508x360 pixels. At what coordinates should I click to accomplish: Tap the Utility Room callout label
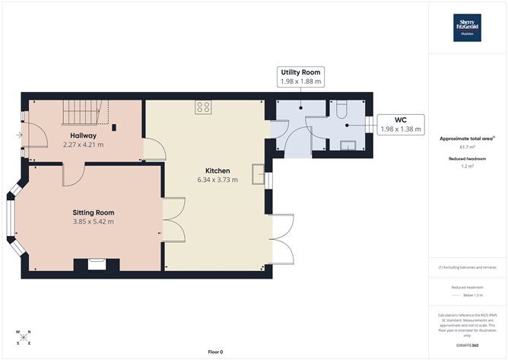coord(299,75)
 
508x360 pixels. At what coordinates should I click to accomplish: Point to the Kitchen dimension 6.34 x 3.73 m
coord(217,180)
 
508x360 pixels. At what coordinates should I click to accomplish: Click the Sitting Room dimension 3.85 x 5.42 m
coord(93,221)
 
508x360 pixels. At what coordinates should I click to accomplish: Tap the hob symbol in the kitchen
coord(203,107)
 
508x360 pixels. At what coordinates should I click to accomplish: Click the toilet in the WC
coord(341,108)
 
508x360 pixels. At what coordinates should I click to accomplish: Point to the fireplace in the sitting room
coord(97,264)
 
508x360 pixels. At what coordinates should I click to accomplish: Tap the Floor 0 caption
coord(217,351)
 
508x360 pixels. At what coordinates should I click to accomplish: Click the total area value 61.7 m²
coord(468,147)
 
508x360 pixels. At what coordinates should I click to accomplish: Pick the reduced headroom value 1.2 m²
coord(468,165)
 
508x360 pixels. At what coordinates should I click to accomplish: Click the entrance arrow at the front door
coord(18,135)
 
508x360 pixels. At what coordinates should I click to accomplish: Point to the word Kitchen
coord(217,170)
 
